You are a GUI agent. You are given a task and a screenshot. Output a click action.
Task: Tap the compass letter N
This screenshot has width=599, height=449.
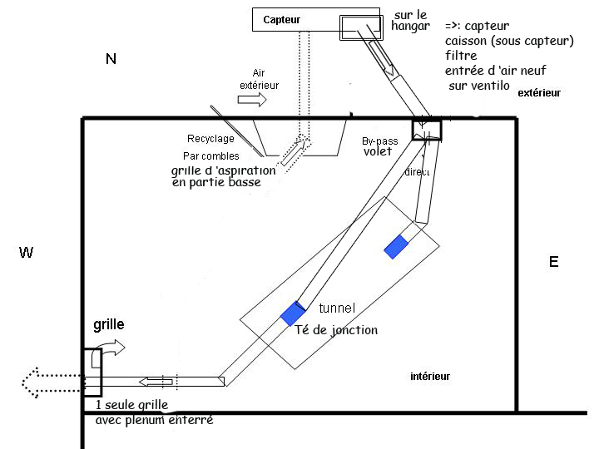111,58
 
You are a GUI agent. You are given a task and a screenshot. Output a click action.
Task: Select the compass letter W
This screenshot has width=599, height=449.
26,252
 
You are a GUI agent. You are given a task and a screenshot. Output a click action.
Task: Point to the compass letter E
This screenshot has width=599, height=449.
553,262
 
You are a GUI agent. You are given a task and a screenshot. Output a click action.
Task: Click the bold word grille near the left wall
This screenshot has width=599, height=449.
108,324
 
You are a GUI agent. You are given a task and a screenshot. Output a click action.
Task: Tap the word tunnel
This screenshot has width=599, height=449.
337,308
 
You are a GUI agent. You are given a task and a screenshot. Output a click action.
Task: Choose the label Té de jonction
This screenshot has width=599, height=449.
336,330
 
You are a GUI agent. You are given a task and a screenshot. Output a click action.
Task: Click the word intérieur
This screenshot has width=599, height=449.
430,377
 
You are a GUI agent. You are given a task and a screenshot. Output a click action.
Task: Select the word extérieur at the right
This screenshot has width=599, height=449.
539,93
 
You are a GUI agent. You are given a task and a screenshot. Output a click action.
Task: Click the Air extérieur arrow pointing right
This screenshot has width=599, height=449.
253,100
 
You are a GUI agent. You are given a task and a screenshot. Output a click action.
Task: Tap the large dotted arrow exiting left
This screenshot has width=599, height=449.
50,382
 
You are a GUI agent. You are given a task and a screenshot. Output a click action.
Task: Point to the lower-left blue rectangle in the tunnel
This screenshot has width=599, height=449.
292,313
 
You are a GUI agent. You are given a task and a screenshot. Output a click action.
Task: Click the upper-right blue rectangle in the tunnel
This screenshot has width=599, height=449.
396,246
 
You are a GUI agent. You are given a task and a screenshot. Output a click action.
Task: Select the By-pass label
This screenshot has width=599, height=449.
380,141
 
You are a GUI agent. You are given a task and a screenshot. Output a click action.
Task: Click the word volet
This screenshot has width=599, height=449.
377,152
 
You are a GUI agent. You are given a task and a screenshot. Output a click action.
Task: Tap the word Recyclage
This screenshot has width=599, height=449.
210,138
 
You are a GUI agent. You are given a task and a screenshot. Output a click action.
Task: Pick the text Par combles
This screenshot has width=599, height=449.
210,155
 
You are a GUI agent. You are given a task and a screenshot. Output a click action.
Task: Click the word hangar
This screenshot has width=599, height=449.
410,27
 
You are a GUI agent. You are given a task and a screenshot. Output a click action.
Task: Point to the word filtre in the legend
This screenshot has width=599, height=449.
460,56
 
